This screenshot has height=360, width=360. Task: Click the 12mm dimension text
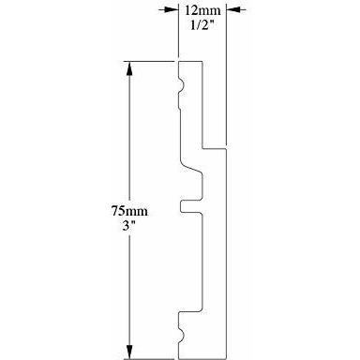pyautogui.click(x=202, y=10)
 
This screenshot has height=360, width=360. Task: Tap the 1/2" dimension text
pyautogui.click(x=202, y=24)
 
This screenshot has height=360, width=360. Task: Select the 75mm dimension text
pyautogui.click(x=129, y=211)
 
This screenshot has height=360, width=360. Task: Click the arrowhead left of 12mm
pyautogui.click(x=171, y=10)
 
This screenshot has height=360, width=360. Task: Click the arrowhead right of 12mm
pyautogui.click(x=233, y=10)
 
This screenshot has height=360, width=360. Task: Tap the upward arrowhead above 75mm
pyautogui.click(x=129, y=68)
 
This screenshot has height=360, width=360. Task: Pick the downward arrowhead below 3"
pyautogui.click(x=129, y=352)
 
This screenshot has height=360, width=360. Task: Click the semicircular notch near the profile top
pyautogui.click(x=181, y=84)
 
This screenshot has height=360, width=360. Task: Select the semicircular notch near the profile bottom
pyautogui.click(x=181, y=335)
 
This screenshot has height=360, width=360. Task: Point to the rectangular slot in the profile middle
pyautogui.click(x=191, y=207)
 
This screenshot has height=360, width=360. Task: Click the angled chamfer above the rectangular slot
pyautogui.click(x=191, y=167)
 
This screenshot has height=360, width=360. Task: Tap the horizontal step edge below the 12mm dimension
pyautogui.click(x=215, y=148)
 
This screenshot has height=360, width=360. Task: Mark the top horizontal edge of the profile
pyautogui.click(x=190, y=62)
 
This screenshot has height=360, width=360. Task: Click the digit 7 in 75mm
pyautogui.click(x=115, y=211)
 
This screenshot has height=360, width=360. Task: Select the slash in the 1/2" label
pyautogui.click(x=199, y=24)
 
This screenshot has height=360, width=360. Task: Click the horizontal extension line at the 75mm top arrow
pyautogui.click(x=150, y=62)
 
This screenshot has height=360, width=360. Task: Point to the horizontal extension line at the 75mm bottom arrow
pyautogui.click(x=149, y=359)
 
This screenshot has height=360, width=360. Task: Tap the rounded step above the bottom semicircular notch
pyautogui.click(x=190, y=312)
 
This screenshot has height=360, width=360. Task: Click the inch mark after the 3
pyautogui.click(x=130, y=222)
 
